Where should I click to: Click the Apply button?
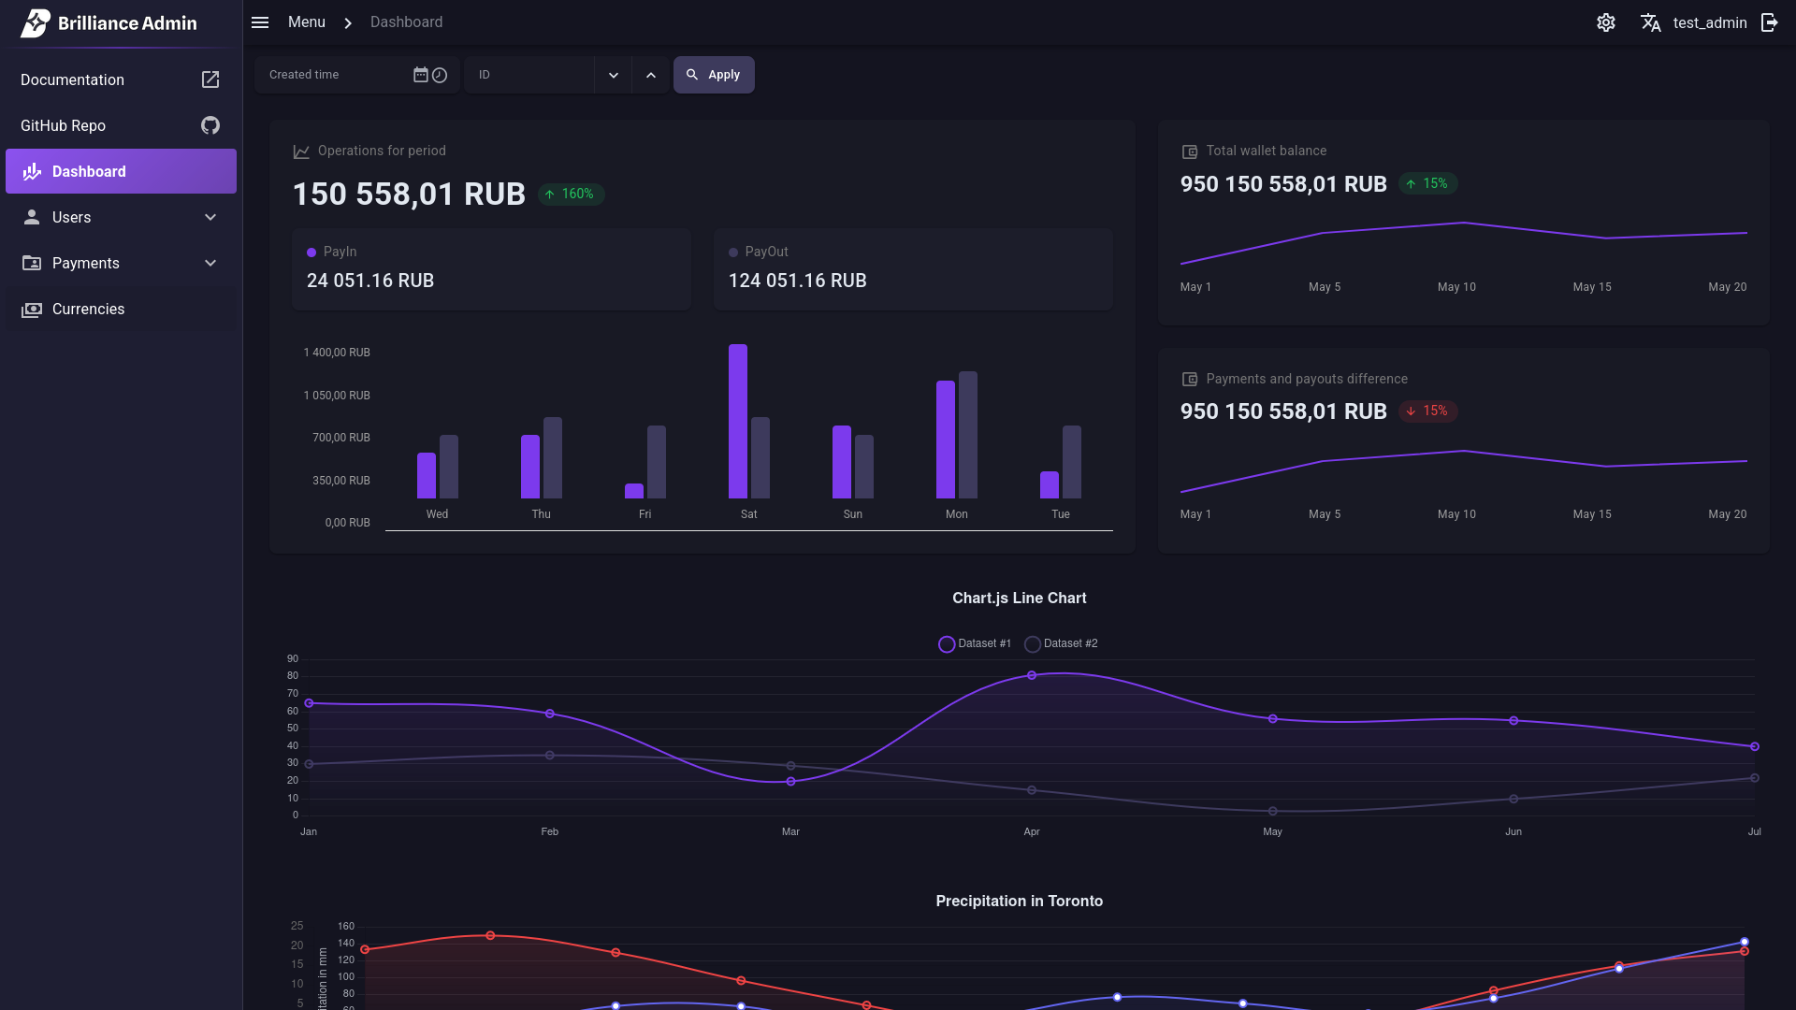tap(714, 75)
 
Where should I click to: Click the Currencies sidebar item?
tap(88, 310)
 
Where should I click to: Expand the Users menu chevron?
tap(210, 218)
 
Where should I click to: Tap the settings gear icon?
tap(1605, 22)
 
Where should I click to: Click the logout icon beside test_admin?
tap(1769, 22)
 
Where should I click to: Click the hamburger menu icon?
tap(260, 22)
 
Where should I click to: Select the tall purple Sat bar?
tap(738, 421)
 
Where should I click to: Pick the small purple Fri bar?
tap(634, 491)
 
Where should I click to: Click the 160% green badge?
tap(571, 195)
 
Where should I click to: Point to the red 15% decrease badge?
tap(1427, 411)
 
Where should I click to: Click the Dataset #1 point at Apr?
tap(1032, 675)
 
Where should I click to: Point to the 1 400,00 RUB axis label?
tap(337, 353)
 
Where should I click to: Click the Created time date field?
tap(337, 75)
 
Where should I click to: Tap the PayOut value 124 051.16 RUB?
tap(797, 281)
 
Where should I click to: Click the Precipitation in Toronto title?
tap(1019, 902)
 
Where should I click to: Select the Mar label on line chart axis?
tap(790, 832)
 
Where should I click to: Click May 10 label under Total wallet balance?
tap(1456, 287)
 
